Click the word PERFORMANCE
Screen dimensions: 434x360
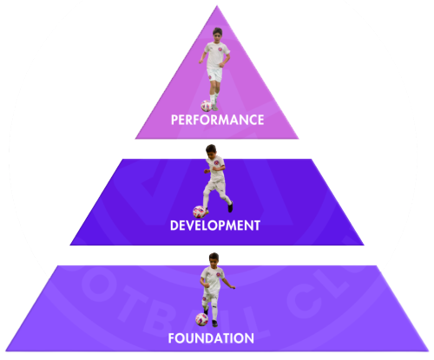point(217,120)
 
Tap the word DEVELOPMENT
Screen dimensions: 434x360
point(215,226)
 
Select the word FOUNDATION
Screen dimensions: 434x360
point(211,338)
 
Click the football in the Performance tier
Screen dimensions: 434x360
point(207,106)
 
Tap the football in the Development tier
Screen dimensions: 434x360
point(199,212)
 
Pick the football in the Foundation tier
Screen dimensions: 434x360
point(201,319)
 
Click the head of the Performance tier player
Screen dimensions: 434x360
point(218,35)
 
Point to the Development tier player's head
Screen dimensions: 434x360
point(211,151)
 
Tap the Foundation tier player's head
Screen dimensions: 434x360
point(214,259)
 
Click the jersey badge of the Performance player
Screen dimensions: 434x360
point(220,49)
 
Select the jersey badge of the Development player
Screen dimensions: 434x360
point(216,163)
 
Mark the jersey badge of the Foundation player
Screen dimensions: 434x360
point(218,274)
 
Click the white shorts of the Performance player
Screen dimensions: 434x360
point(214,75)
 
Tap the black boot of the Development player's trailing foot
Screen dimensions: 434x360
point(230,206)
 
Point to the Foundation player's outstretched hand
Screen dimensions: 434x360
point(233,287)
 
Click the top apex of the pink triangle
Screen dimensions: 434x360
point(217,6)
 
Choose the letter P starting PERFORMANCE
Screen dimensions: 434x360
point(174,120)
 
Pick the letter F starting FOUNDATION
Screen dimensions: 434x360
point(171,338)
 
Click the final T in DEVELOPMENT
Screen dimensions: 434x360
point(257,226)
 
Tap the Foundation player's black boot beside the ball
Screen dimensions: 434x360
point(214,324)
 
